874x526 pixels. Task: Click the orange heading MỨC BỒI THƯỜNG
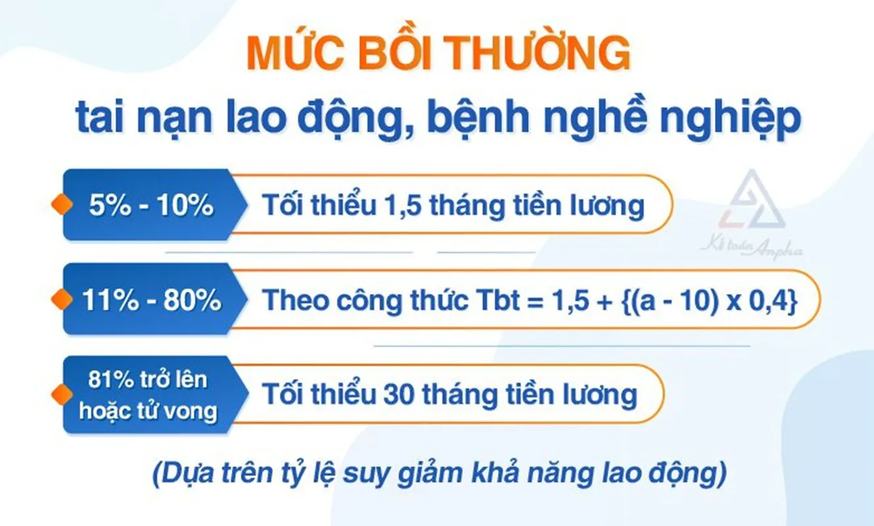(438, 55)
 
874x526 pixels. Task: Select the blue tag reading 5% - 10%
(150, 206)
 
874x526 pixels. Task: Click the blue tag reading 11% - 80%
(151, 300)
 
